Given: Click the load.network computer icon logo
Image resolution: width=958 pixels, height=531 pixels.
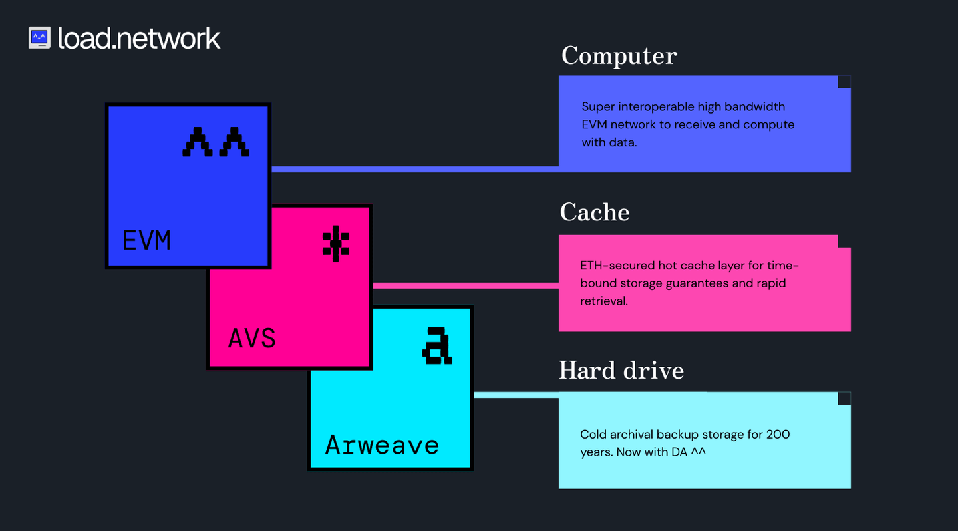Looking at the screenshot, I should pyautogui.click(x=39, y=37).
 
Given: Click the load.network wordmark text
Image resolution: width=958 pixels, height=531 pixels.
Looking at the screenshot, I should pyautogui.click(x=138, y=39).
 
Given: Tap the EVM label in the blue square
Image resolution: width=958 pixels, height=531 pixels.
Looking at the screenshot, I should pyautogui.click(x=146, y=240).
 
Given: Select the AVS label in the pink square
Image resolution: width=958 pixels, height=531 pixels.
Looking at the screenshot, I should pyautogui.click(x=251, y=339).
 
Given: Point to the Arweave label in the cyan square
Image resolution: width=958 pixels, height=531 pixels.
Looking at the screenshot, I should pyautogui.click(x=382, y=444).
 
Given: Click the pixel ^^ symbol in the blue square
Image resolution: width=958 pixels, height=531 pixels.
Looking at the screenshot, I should pyautogui.click(x=216, y=142).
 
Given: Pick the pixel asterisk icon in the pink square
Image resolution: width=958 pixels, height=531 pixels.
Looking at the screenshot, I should pyautogui.click(x=335, y=244).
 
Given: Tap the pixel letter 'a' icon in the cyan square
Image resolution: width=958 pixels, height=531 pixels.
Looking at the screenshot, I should pyautogui.click(x=437, y=346).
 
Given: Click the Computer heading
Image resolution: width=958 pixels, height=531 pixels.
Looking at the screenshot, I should pyautogui.click(x=619, y=56).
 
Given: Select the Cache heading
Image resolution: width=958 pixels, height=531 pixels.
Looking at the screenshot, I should pyautogui.click(x=594, y=212).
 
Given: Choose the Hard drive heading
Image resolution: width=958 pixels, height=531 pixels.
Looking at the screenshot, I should pyautogui.click(x=621, y=370).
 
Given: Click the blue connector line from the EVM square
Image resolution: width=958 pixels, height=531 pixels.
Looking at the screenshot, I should pyautogui.click(x=412, y=169).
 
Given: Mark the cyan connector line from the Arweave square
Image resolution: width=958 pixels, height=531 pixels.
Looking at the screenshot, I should pyautogui.click(x=516, y=395).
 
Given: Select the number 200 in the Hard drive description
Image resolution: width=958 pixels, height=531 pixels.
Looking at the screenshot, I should pyautogui.click(x=778, y=435).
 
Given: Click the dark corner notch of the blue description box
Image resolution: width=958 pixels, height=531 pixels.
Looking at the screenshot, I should pyautogui.click(x=844, y=82).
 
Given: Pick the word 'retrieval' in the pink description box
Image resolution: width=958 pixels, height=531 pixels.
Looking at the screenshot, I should pyautogui.click(x=603, y=301).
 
